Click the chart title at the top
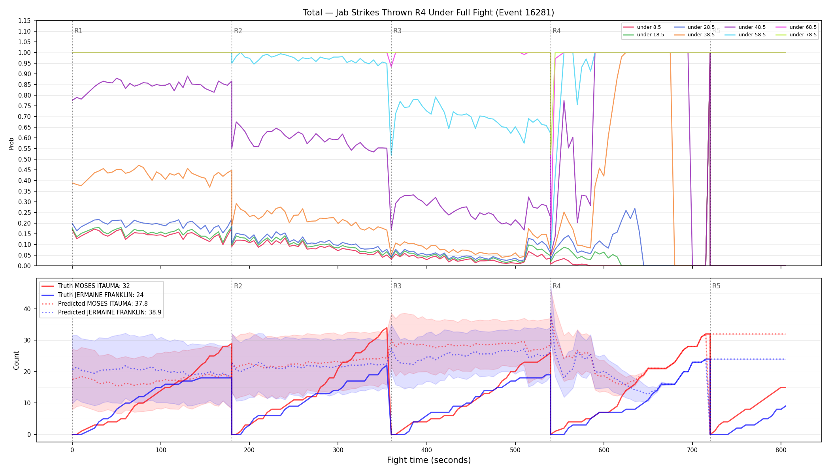click(x=428, y=13)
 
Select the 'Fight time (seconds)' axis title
click(x=429, y=460)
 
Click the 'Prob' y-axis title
click(x=11, y=143)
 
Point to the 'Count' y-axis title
click(x=16, y=360)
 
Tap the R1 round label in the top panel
click(x=78, y=31)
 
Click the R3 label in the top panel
click(x=397, y=31)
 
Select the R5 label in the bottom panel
click(x=716, y=286)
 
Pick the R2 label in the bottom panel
click(x=238, y=286)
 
